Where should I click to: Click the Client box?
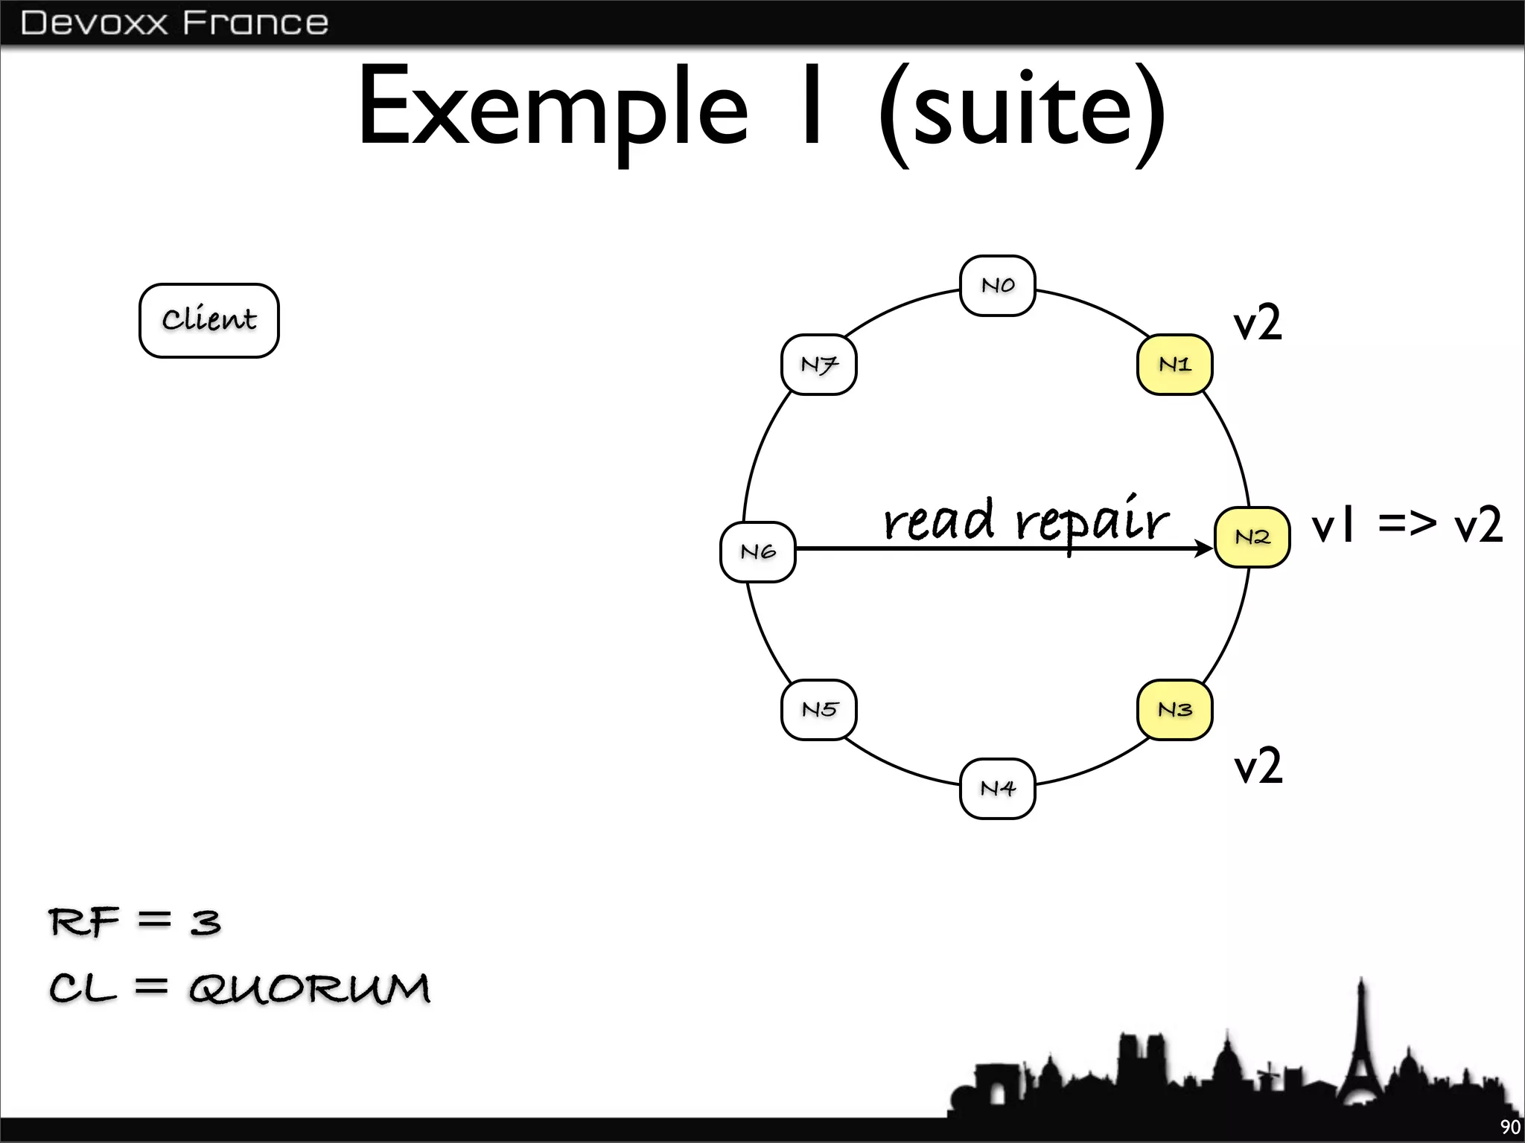coord(209,321)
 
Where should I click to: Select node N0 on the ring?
coord(997,286)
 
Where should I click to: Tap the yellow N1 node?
coord(1174,365)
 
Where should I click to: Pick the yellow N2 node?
coord(1252,537)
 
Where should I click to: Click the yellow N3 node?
coord(1174,710)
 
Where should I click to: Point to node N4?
coord(997,789)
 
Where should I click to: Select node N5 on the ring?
coord(819,710)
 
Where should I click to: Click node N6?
coord(758,552)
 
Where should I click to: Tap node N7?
coord(819,365)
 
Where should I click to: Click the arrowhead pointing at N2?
coord(1204,549)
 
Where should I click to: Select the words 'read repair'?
coord(1025,520)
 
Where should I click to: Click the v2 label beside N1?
coord(1258,323)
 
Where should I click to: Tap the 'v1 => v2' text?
coord(1407,525)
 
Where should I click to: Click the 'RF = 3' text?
coord(135,922)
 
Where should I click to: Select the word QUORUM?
coord(309,989)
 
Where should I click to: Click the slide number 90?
coord(1509,1127)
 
